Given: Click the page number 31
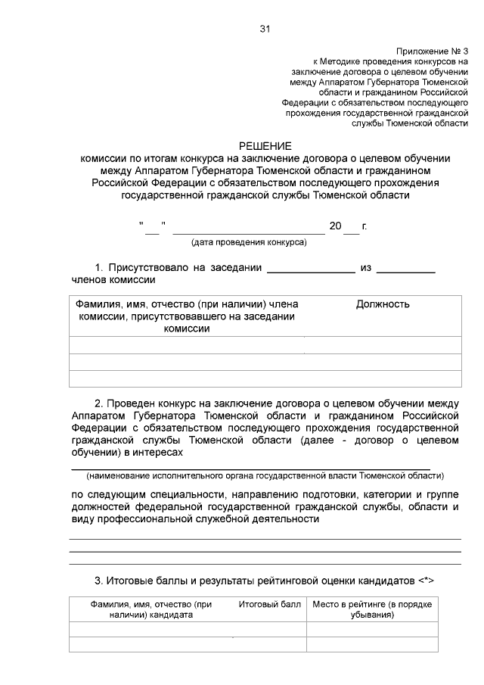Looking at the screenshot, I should pyautogui.click(x=265, y=29).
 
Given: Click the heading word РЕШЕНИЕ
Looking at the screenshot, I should pyautogui.click(x=265, y=145).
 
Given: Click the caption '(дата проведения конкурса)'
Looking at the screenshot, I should pyautogui.click(x=249, y=242).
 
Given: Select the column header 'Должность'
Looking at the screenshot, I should pyautogui.click(x=383, y=304).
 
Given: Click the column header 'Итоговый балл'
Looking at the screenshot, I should pyautogui.click(x=270, y=604).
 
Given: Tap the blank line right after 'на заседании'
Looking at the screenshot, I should pyautogui.click(x=311, y=269).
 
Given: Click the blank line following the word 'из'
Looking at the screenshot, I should pyautogui.click(x=405, y=269).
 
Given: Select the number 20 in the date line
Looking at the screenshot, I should pyautogui.click(x=336, y=226).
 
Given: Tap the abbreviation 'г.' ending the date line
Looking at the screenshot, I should pyautogui.click(x=365, y=226).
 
